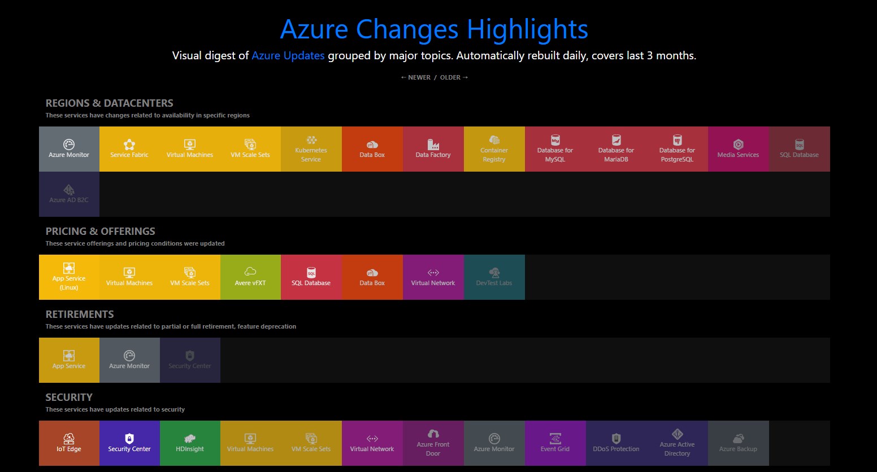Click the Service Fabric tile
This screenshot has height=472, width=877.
click(x=129, y=149)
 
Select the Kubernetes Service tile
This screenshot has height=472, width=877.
click(x=311, y=149)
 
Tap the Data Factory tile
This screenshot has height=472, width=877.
click(x=433, y=149)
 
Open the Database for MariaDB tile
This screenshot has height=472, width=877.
click(x=616, y=149)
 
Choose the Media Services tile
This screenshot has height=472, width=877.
click(x=738, y=149)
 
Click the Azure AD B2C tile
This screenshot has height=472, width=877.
click(x=69, y=194)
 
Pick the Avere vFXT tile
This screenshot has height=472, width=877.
click(x=250, y=277)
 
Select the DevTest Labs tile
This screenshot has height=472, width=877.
click(x=494, y=277)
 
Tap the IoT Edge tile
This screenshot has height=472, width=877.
click(x=69, y=443)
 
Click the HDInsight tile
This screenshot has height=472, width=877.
click(x=190, y=443)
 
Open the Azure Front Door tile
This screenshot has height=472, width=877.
click(x=433, y=443)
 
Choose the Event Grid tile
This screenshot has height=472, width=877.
click(x=555, y=443)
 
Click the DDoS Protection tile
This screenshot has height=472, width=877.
click(x=616, y=443)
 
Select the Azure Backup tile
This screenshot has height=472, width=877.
click(x=738, y=443)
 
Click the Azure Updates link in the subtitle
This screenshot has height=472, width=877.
click(x=288, y=55)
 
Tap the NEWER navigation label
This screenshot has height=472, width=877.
click(x=418, y=77)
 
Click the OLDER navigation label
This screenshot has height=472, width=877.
click(x=451, y=77)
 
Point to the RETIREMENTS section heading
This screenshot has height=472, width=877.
click(x=80, y=314)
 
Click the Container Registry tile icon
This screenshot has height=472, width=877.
click(x=494, y=140)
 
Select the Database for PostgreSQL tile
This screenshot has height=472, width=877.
click(x=677, y=149)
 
